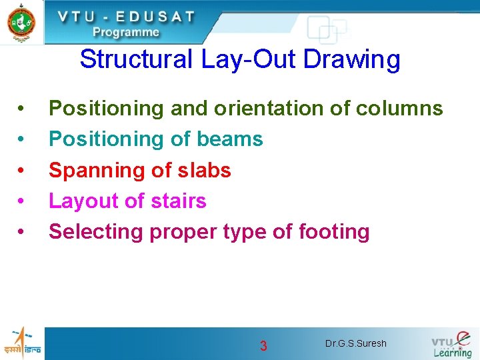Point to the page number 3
click(x=263, y=346)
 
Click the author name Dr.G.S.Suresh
click(x=355, y=344)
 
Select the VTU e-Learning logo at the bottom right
click(x=451, y=344)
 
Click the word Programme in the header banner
click(x=126, y=31)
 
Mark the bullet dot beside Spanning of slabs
click(x=22, y=171)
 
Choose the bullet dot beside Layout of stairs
click(x=22, y=201)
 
